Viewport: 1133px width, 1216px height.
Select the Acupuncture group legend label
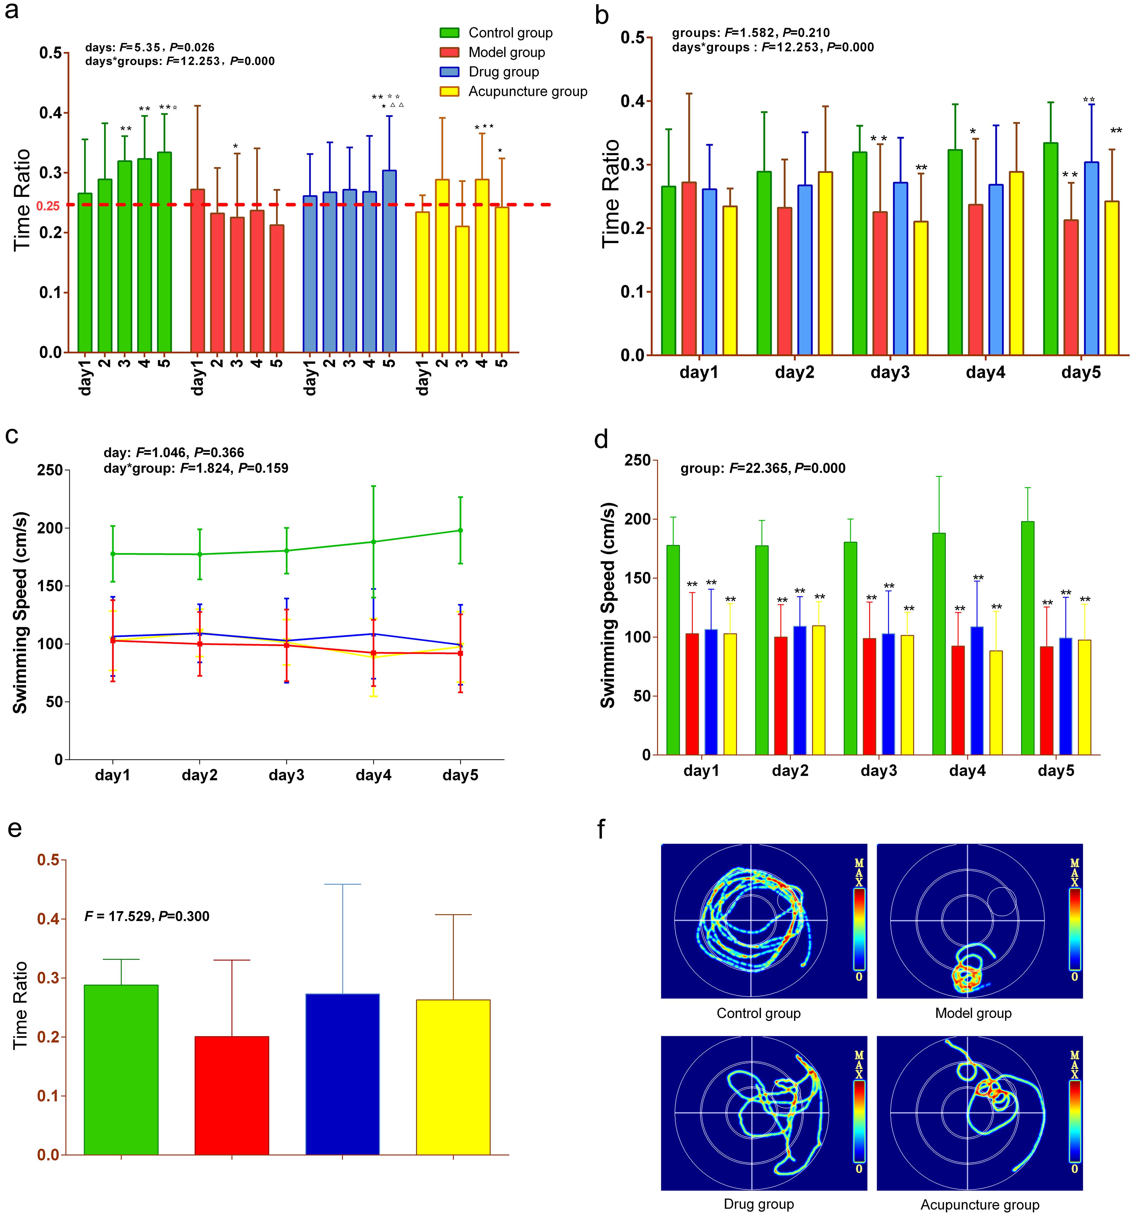tap(527, 92)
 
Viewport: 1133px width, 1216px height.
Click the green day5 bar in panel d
tap(1028, 637)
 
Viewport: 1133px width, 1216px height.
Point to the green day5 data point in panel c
tap(460, 530)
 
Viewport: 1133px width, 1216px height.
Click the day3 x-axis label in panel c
tap(286, 776)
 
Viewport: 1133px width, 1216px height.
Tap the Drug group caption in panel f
tap(759, 1204)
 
